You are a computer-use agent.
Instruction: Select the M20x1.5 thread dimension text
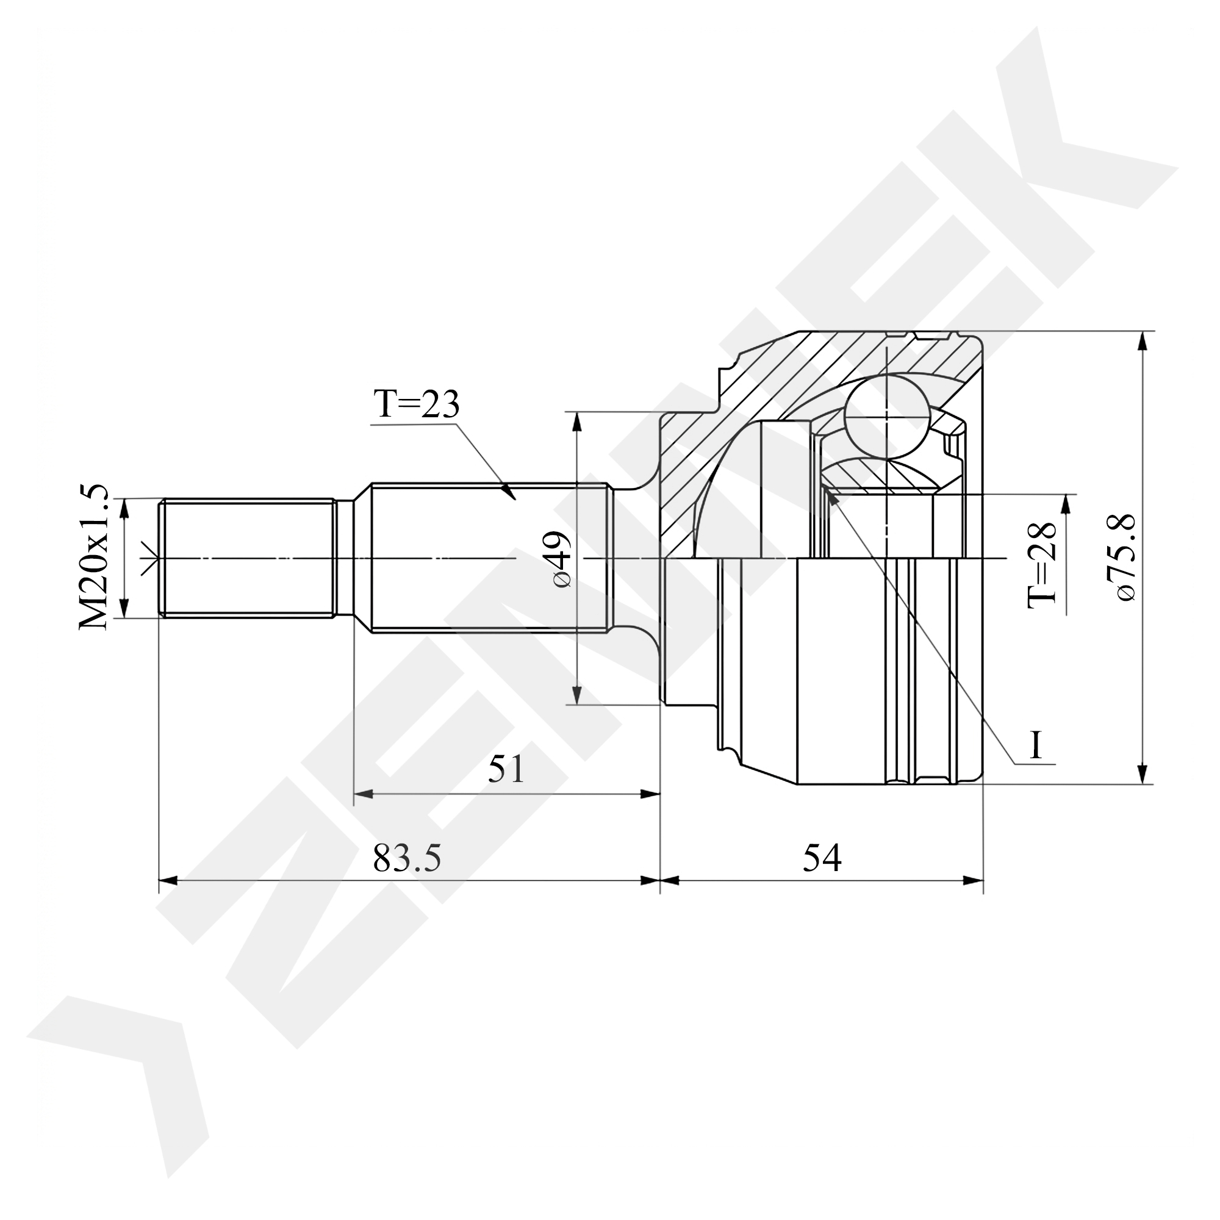point(94,558)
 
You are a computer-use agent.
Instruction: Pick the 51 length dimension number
point(506,769)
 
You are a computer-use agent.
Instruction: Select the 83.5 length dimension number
point(407,857)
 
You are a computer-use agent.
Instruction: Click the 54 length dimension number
point(822,857)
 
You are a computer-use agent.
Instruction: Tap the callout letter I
point(1035,745)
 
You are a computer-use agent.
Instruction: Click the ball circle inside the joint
point(887,416)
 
